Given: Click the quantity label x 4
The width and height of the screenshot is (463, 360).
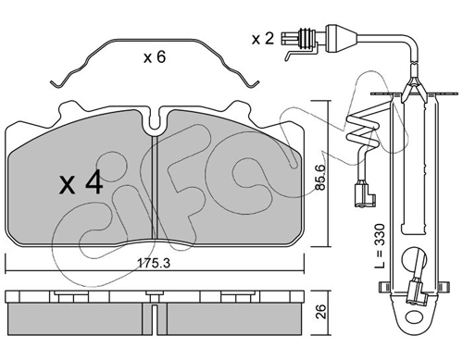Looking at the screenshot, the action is (81, 182).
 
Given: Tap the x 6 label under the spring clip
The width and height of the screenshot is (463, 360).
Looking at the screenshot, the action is (155, 57).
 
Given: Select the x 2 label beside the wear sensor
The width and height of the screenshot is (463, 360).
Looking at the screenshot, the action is (263, 39).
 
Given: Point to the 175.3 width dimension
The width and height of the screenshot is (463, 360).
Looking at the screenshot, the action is (154, 263).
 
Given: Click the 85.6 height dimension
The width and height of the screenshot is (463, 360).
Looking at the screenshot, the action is (320, 177).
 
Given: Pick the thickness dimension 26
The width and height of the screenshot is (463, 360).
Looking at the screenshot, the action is (321, 311).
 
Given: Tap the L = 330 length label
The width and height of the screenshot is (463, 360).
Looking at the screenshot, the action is (381, 246).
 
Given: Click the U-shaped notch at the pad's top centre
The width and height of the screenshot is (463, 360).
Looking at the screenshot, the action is (155, 121).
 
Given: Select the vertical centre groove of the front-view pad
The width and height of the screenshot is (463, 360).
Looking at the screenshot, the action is (154, 188).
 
